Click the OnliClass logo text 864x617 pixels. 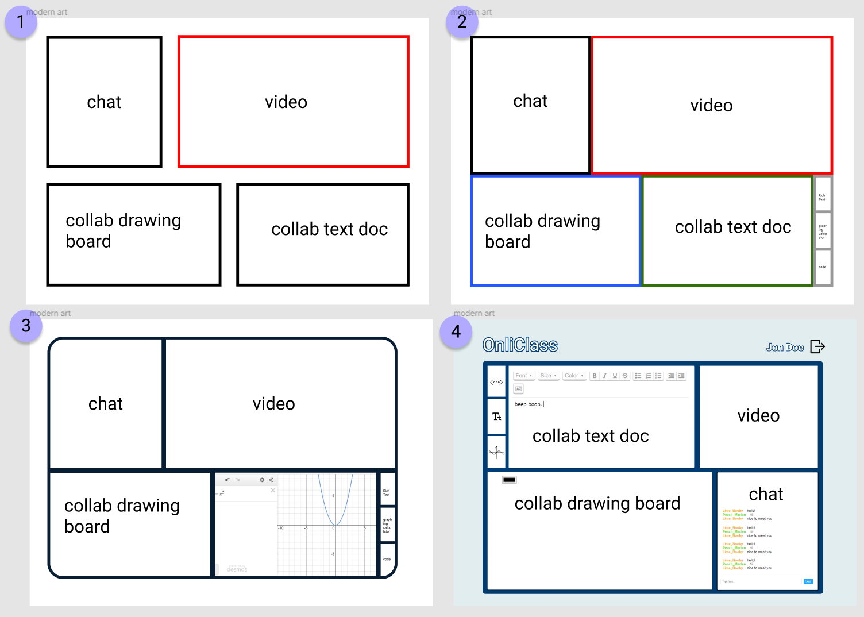(520, 345)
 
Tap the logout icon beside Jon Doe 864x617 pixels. (817, 346)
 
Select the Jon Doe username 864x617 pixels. (784, 347)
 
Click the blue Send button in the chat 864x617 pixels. (808, 581)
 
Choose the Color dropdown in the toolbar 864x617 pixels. (574, 376)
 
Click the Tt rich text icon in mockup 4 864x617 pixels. (496, 417)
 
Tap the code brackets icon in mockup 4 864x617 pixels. (496, 382)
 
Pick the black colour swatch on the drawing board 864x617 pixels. (509, 480)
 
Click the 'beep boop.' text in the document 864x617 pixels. (528, 404)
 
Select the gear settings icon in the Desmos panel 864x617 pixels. (262, 480)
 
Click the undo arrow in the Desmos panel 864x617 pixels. (227, 480)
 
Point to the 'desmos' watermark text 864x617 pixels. (237, 569)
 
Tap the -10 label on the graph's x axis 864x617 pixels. (281, 528)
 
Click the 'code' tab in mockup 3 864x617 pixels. (387, 559)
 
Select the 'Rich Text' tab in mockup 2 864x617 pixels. (822, 197)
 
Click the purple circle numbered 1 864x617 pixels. (21, 22)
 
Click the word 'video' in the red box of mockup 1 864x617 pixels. (286, 102)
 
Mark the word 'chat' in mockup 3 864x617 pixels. (106, 404)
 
